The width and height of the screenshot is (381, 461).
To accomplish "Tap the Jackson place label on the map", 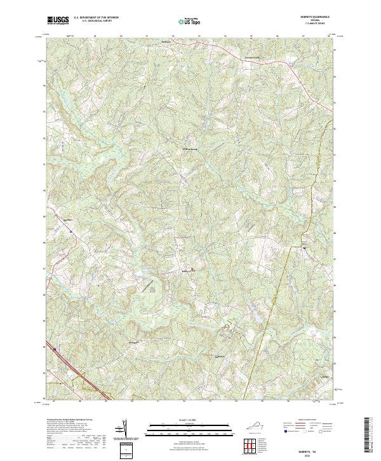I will pyautogui.click(x=166, y=42).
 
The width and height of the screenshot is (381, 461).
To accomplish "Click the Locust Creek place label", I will pyautogui.click(x=253, y=57).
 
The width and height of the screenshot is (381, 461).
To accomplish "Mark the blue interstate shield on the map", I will pyautogui.click(x=55, y=349).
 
